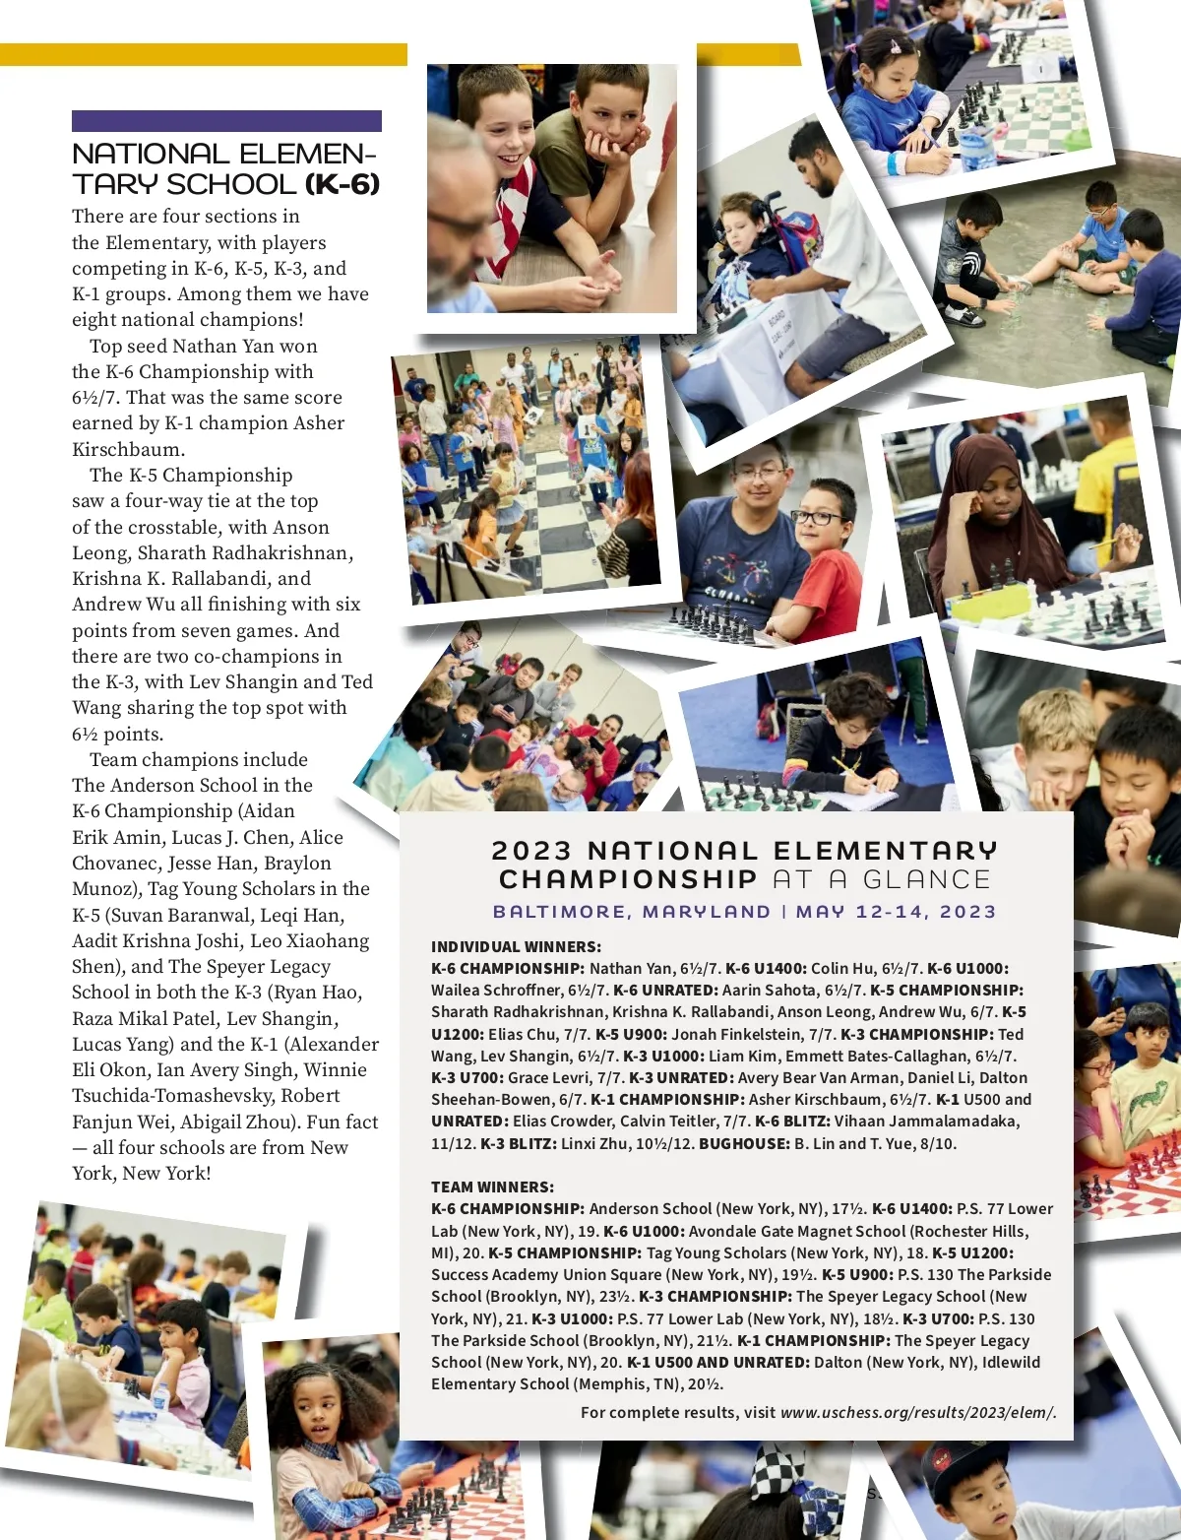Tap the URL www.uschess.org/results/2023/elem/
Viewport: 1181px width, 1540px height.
click(917, 1412)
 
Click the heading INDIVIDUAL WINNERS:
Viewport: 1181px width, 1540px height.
click(516, 946)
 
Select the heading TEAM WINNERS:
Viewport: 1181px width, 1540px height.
click(492, 1187)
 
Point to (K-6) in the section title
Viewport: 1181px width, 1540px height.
click(342, 184)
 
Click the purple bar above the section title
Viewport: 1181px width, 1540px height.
click(226, 121)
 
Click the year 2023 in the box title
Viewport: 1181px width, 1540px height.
click(531, 851)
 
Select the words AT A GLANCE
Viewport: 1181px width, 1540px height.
click(882, 879)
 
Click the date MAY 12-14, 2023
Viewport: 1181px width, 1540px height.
click(896, 912)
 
